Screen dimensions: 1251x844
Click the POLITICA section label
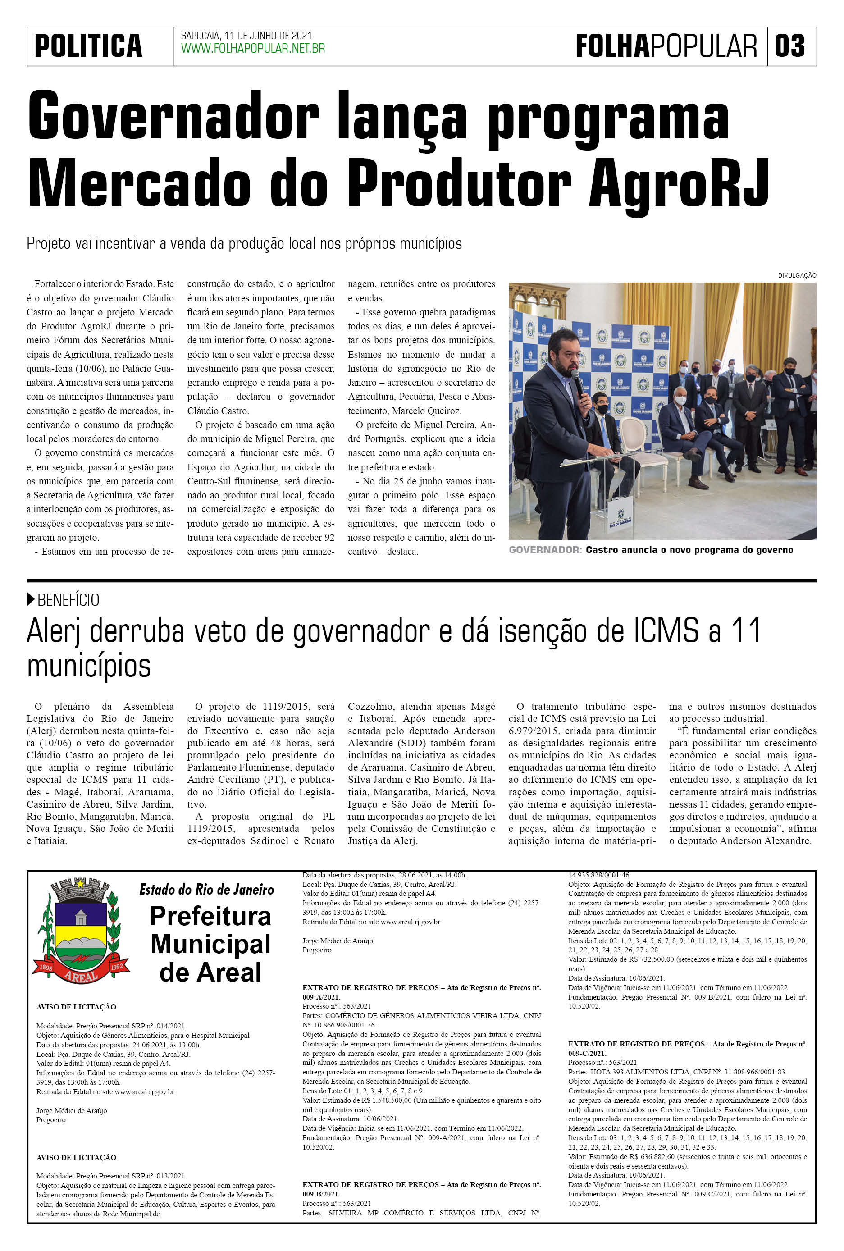tap(88, 46)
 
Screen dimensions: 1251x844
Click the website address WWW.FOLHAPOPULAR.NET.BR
tap(253, 49)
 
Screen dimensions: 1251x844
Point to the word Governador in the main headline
tap(173, 115)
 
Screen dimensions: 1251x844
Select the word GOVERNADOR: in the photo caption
tap(545, 550)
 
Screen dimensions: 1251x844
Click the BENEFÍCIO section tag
tap(68, 600)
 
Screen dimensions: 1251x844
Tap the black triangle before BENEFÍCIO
tap(31, 599)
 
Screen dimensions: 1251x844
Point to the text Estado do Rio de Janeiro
tap(207, 889)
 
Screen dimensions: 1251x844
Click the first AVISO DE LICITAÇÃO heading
tap(77, 1007)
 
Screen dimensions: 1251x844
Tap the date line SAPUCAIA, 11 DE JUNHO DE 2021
tap(246, 36)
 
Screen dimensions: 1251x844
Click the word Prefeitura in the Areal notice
tap(210, 916)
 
